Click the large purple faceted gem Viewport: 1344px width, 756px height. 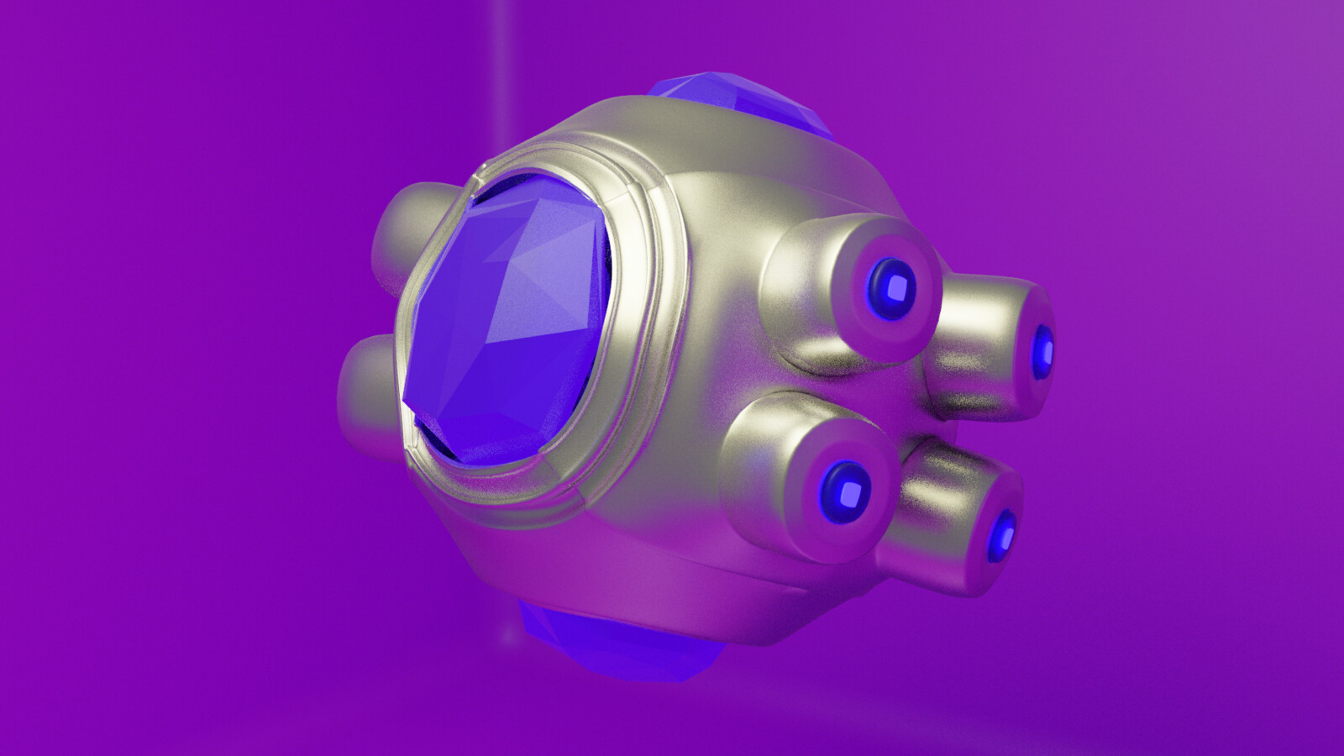[504, 328]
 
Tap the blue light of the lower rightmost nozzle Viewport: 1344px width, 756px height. [1004, 534]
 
